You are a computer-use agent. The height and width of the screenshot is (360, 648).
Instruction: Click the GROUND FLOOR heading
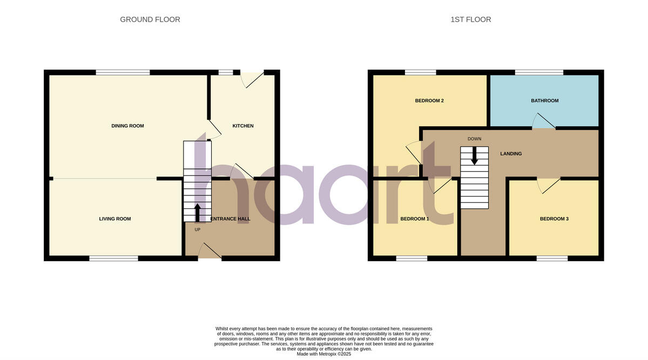150,19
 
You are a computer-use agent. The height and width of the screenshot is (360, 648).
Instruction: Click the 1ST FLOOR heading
470,19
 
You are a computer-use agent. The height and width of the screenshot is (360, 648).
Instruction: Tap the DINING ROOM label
127,126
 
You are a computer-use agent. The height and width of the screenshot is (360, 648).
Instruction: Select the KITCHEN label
242,126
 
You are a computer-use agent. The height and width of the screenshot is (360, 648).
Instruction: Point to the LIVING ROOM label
115,219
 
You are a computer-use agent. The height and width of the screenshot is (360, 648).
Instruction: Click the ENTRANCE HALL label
230,219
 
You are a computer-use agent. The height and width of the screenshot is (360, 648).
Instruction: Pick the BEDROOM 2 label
429,100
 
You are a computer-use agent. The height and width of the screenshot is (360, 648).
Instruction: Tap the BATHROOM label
544,100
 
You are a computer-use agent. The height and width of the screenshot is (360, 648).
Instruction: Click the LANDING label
510,154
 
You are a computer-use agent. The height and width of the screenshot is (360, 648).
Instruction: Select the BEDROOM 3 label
554,219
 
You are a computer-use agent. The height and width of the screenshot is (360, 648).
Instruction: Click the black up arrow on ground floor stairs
197,212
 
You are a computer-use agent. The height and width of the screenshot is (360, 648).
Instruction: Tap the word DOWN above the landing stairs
474,139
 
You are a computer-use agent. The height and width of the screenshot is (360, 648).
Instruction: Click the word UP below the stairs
197,229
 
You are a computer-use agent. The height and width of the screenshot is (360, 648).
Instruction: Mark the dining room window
123,72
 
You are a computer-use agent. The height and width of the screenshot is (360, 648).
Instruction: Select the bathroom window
539,72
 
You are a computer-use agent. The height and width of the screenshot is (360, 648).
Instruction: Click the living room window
113,259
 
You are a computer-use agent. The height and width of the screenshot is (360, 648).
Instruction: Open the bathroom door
544,123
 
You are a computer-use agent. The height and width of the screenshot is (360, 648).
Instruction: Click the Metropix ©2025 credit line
324,354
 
